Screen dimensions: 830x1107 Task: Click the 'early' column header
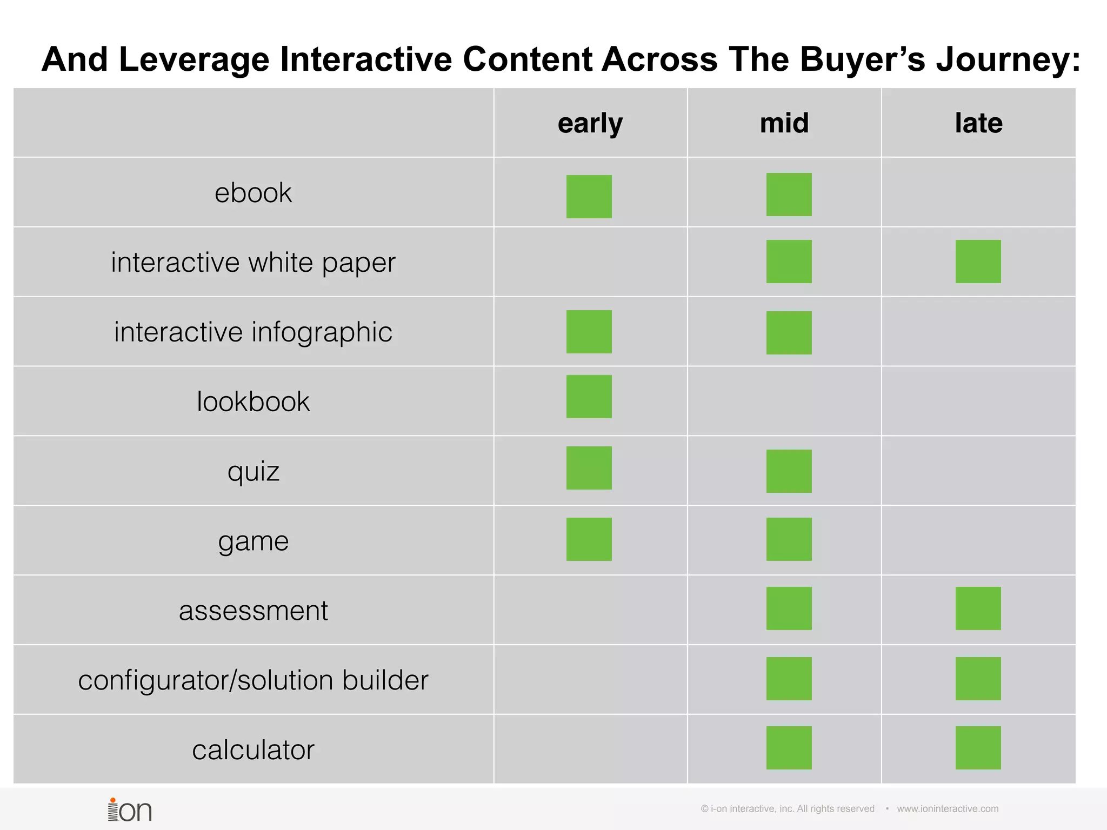(590, 124)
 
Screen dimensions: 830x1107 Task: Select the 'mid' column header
(784, 123)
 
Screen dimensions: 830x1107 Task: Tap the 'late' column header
(978, 123)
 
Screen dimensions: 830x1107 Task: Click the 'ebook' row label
(253, 193)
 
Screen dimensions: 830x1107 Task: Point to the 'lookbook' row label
(253, 401)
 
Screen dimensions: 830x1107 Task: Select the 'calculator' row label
(253, 750)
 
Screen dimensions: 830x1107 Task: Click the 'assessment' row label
(253, 611)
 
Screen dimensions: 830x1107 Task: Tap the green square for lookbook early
(589, 397)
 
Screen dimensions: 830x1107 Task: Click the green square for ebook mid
(789, 195)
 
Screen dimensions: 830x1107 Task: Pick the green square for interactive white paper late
(978, 262)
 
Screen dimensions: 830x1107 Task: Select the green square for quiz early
(589, 468)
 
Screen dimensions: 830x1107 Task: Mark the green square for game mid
(789, 539)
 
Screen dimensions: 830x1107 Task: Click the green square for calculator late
(978, 748)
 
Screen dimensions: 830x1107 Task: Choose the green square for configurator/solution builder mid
(789, 679)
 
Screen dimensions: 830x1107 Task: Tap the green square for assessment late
(978, 608)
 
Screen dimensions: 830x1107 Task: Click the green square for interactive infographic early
(589, 332)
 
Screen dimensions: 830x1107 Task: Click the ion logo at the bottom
(130, 809)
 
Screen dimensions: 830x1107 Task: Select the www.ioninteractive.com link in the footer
(948, 809)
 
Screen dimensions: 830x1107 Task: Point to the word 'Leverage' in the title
(194, 59)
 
